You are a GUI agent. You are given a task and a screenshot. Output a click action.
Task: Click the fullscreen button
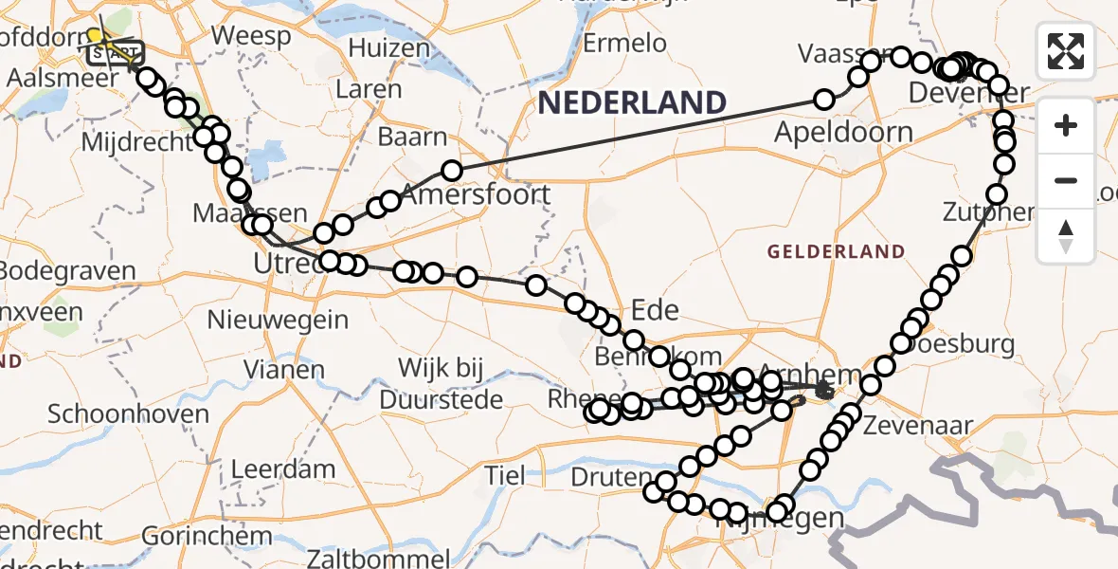[x=1066, y=51]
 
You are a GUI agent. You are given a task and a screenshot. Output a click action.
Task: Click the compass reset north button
[x=1066, y=235]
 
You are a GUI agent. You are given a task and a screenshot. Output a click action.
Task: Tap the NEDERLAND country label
[x=632, y=102]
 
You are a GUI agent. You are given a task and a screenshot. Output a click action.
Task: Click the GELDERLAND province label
[x=836, y=251]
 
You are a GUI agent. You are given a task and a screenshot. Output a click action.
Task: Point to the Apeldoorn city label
[x=843, y=132]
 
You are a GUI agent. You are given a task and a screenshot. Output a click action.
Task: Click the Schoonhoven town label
[x=128, y=414]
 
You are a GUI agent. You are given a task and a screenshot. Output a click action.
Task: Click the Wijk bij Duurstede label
[x=442, y=383]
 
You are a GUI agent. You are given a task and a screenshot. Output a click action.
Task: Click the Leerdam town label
[x=283, y=468]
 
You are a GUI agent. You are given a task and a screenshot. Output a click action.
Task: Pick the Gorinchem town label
[x=186, y=535]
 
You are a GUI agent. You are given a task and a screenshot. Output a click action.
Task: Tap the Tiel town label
[x=504, y=474]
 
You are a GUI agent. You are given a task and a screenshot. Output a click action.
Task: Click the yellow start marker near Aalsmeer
[x=95, y=36]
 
